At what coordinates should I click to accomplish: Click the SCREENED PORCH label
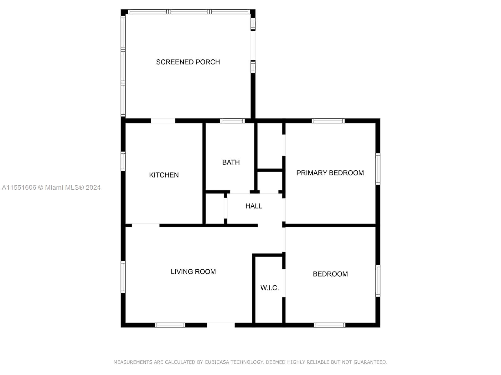(188, 62)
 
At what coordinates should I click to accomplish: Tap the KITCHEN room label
(164, 175)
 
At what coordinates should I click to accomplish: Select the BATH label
(231, 162)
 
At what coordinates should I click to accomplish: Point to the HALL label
(254, 206)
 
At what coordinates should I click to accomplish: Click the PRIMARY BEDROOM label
(330, 173)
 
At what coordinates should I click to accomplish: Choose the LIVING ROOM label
(193, 271)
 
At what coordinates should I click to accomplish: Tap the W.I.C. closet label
(270, 288)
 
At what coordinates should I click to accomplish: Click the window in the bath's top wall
(232, 121)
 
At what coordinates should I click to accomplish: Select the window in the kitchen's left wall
(123, 161)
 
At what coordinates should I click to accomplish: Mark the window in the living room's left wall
(123, 277)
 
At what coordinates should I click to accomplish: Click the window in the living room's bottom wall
(170, 325)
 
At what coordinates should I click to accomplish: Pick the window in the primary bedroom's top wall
(328, 121)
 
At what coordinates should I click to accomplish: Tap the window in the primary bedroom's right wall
(378, 169)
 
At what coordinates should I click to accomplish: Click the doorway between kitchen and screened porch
(163, 121)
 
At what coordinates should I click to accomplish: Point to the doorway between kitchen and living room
(145, 225)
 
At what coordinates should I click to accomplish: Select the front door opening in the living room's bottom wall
(221, 325)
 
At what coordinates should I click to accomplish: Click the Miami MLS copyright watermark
(51, 187)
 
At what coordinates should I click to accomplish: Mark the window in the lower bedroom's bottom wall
(329, 325)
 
